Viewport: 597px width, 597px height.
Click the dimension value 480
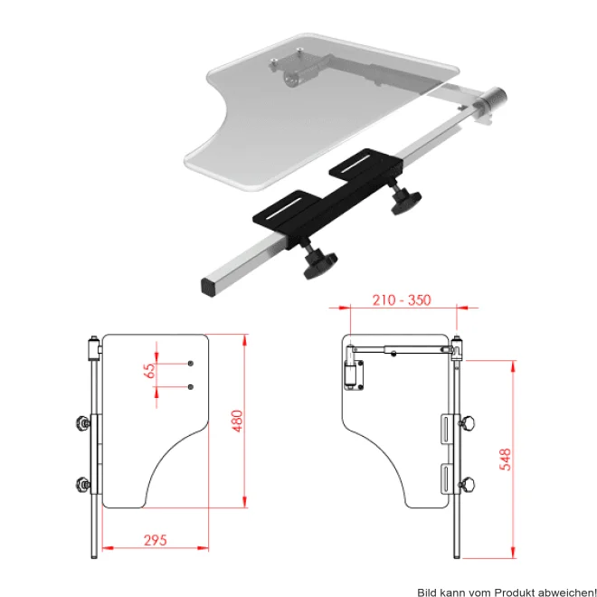tap(237, 421)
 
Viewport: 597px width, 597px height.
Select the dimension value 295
tap(156, 540)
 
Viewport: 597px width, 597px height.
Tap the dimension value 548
tap(505, 460)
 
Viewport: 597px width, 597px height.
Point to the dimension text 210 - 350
tap(402, 300)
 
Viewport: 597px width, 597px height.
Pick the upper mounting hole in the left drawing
tap(191, 364)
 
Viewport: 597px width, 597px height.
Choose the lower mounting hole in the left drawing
tap(191, 387)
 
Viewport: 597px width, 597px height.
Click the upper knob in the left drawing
tap(83, 422)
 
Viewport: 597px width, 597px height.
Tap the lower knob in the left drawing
tap(83, 484)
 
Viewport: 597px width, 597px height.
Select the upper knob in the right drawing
tap(468, 423)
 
